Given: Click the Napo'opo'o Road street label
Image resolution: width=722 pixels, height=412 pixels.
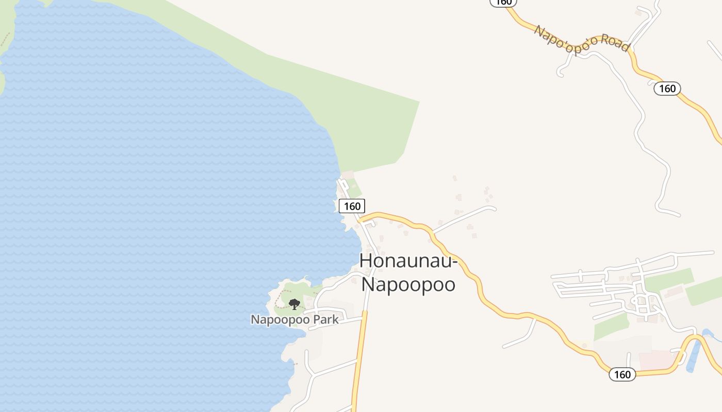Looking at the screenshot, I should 582,38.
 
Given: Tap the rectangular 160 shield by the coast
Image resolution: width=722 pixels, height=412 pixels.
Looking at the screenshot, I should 352,206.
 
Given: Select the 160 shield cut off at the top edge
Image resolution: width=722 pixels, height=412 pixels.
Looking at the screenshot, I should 503,3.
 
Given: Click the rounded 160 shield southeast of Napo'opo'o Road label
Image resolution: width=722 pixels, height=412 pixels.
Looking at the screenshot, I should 667,89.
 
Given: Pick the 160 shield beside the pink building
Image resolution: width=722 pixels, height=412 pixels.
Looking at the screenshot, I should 622,374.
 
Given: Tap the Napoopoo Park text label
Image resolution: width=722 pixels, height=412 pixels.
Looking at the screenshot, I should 294,319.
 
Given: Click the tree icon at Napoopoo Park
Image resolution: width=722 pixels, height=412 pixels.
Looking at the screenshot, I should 294,304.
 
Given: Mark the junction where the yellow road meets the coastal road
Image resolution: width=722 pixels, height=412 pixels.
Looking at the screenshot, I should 361,220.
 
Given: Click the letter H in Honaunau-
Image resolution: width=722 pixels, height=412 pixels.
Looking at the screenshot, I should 366,261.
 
